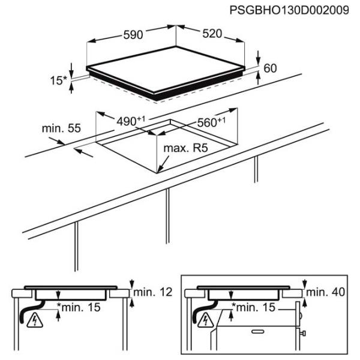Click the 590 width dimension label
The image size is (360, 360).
133,35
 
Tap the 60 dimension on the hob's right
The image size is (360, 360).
270,68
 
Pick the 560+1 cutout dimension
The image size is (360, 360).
211,122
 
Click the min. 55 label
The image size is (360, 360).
61,128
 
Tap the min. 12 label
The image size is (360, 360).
153,292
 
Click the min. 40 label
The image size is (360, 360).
327,292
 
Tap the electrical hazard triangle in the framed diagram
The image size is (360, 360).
206,322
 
